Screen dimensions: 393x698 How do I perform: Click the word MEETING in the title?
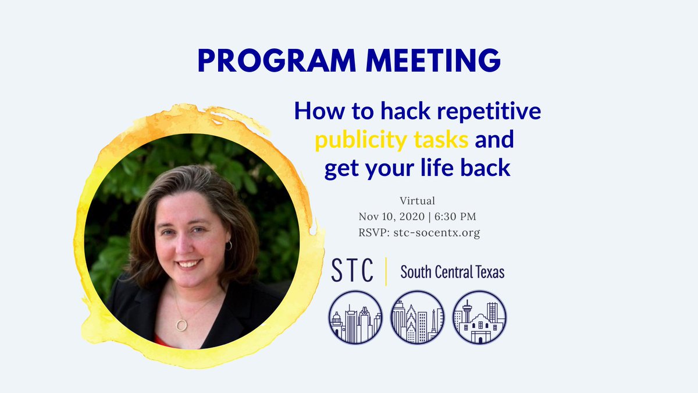[430, 61]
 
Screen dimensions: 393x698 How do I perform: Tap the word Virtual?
[418, 201]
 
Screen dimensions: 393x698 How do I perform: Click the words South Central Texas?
[452, 272]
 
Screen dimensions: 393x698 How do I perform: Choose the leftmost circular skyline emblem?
[355, 317]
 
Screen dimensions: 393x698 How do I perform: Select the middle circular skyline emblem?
[417, 317]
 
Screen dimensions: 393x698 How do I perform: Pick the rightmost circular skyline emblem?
[479, 317]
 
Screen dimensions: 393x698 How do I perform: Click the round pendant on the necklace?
[182, 324]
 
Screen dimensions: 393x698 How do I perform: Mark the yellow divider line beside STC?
[386, 272]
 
